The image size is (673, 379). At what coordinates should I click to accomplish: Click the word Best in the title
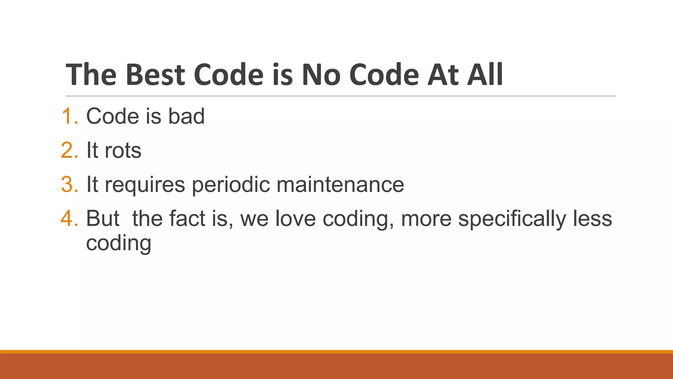[x=155, y=75]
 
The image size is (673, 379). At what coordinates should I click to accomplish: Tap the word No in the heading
[x=321, y=75]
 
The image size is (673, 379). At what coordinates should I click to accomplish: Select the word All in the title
[x=485, y=75]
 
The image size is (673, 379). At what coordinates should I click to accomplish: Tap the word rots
[x=123, y=150]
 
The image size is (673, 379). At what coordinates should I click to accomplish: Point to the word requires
[x=145, y=185]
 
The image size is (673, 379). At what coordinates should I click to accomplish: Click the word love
[x=295, y=218]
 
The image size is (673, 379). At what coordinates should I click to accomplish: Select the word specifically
[x=512, y=219]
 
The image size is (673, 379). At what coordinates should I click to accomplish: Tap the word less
[x=592, y=218]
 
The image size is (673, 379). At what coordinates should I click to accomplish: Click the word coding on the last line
[x=119, y=244]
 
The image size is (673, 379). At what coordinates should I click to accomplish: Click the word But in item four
[x=103, y=218]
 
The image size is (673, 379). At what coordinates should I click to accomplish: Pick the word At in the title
[x=442, y=75]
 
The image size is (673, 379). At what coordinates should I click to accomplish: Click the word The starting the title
[x=91, y=75]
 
